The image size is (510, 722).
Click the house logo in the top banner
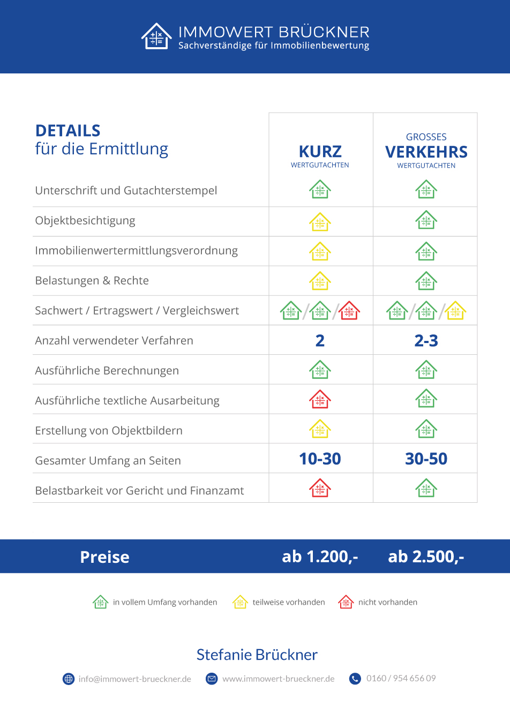[156, 36]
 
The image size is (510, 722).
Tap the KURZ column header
[320, 152]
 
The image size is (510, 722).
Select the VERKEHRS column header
[426, 152]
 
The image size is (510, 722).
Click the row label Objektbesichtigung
[85, 221]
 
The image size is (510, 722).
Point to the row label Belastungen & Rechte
[92, 281]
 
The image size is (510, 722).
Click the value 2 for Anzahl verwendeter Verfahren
[320, 341]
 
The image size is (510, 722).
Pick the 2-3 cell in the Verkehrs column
[426, 341]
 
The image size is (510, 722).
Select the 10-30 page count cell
[320, 459]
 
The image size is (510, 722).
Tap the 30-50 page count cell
[426, 459]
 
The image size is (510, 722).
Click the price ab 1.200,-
[320, 557]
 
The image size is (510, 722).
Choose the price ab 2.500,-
[426, 557]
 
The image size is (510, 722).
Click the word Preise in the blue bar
[105, 557]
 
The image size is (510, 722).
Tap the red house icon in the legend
[346, 602]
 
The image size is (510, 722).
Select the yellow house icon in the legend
[240, 602]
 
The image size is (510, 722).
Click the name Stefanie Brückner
[257, 655]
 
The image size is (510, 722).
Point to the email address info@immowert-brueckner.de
[134, 679]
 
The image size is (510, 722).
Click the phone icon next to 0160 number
[355, 679]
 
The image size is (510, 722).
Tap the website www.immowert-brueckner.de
[279, 679]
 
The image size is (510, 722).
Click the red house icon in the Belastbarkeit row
[320, 488]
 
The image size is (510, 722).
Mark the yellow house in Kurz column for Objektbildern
[320, 429]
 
